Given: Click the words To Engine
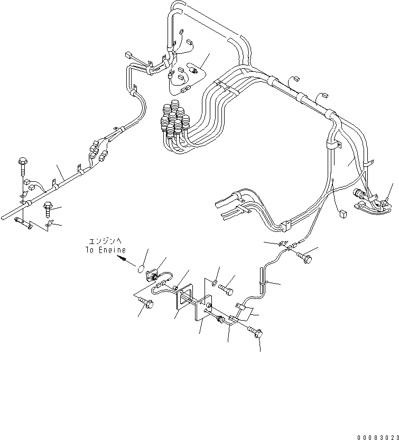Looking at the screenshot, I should [x=106, y=250].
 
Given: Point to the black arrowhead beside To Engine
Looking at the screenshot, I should [x=123, y=259].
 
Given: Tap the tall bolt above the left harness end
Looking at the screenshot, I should [x=22, y=165].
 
